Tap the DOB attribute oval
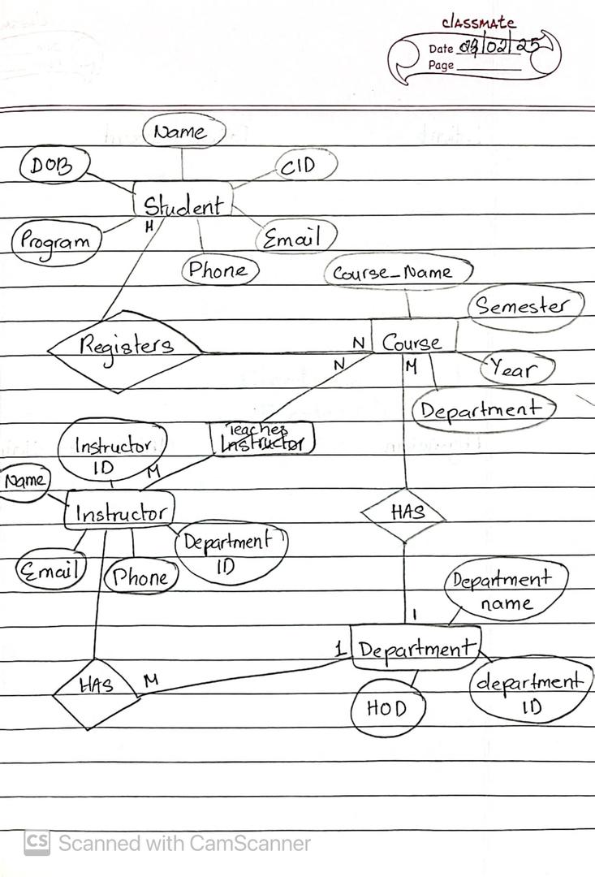coord(50,166)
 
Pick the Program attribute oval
coord(55,241)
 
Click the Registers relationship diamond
coord(124,347)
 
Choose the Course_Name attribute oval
coord(397,272)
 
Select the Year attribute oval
coord(518,369)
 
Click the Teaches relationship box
coord(261,438)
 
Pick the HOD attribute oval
coord(388,709)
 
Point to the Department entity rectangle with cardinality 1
coord(415,649)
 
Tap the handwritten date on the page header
coord(496,46)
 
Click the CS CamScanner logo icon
coord(36,843)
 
